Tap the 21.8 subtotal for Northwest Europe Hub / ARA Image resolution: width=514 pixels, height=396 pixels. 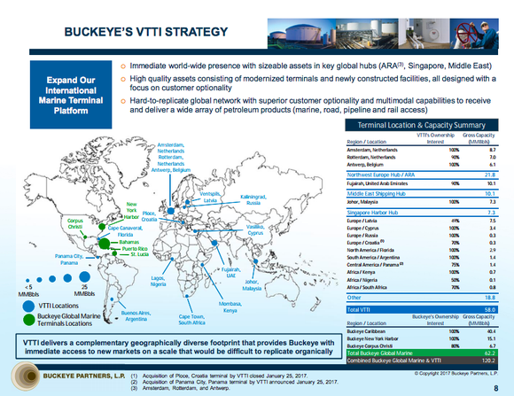(489, 175)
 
